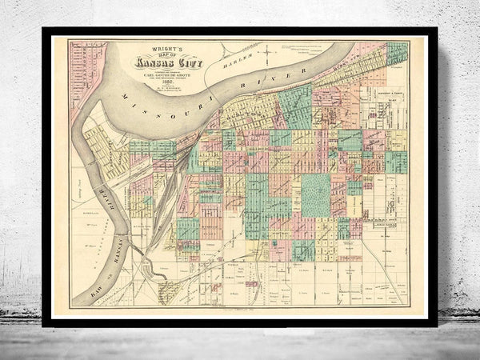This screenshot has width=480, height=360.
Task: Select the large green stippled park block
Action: click(315, 195)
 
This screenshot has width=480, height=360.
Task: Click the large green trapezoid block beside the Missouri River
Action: click(296, 106)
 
